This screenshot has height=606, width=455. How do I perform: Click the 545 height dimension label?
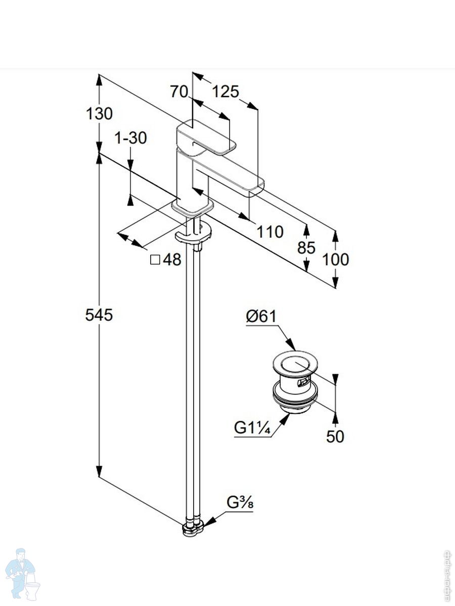[x=99, y=315]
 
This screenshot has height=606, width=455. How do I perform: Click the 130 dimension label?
[x=99, y=114]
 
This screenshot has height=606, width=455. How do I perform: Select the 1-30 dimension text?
[x=130, y=137]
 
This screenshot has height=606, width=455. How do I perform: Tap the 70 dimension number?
[x=179, y=91]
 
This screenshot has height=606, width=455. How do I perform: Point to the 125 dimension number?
[x=225, y=91]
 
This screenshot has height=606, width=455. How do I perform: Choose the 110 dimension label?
[x=269, y=232]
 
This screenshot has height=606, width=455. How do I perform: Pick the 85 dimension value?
[x=306, y=247]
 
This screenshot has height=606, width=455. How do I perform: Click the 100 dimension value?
[x=336, y=260]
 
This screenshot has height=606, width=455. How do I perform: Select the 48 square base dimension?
[x=166, y=260]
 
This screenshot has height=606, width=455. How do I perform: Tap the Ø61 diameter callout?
[x=261, y=316]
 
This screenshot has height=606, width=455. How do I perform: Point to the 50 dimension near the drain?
[x=335, y=436]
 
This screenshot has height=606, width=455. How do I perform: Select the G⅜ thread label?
[x=240, y=503]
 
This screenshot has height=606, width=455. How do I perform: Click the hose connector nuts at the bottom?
[x=193, y=528]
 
